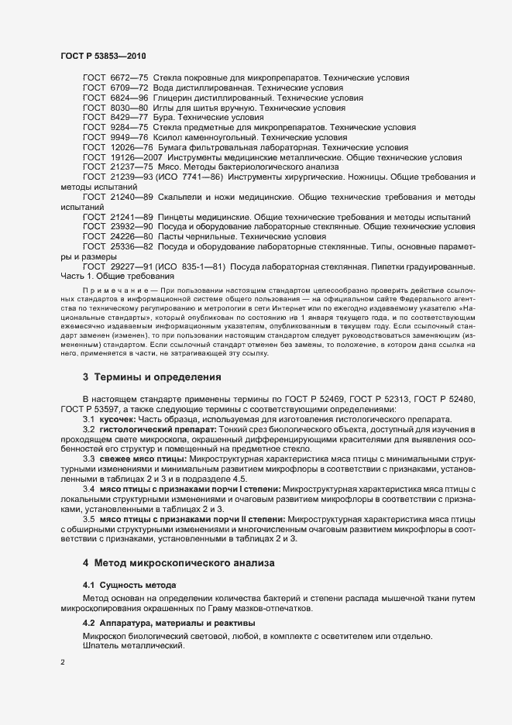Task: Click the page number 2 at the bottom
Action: (63, 662)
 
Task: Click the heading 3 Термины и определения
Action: (152, 378)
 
